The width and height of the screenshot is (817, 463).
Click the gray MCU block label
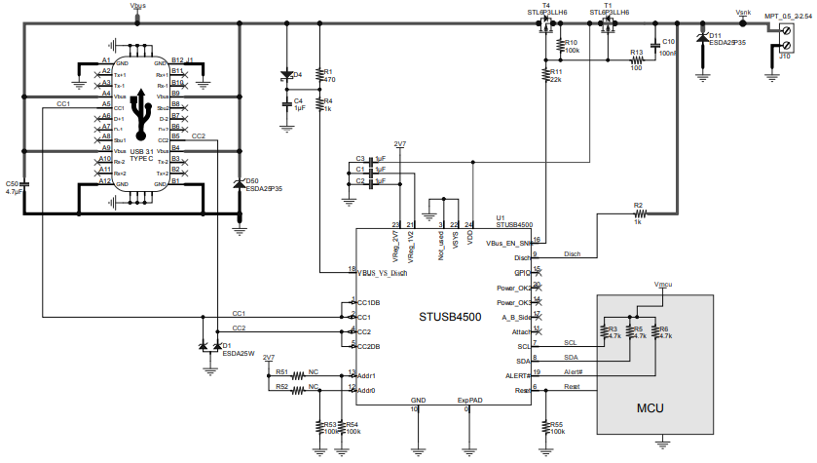click(650, 407)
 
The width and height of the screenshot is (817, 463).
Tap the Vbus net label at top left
click(138, 6)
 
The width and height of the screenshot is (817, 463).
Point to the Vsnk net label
click(743, 12)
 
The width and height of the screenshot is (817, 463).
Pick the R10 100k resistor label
click(572, 47)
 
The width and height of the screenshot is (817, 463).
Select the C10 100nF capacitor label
click(668, 47)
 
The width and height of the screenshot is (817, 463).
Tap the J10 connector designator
click(784, 57)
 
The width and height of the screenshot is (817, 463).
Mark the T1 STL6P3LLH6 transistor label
click(610, 10)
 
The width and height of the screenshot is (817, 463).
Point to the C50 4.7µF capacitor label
click(13, 187)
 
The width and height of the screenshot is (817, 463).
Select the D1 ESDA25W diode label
click(237, 349)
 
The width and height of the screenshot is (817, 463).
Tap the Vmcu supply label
click(662, 285)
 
